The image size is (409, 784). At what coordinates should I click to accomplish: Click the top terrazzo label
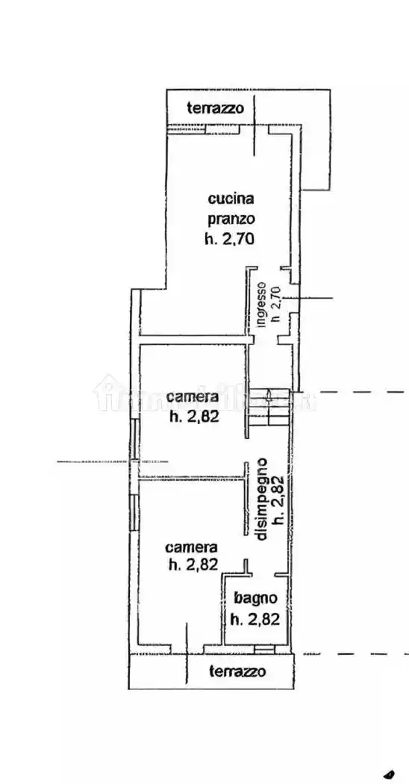click(215, 108)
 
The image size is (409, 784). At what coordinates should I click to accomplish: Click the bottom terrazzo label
click(237, 671)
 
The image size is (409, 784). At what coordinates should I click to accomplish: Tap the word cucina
click(231, 199)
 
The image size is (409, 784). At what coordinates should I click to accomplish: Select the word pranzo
click(231, 220)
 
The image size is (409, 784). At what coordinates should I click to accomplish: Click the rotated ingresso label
click(262, 305)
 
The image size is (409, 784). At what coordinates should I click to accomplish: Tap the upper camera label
click(193, 396)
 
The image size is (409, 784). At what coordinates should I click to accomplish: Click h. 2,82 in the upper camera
click(193, 417)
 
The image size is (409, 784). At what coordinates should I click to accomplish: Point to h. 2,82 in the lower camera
click(193, 565)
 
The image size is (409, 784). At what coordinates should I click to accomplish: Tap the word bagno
click(255, 598)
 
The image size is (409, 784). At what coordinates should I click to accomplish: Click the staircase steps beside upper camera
click(269, 407)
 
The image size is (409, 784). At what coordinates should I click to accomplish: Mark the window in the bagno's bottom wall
click(263, 647)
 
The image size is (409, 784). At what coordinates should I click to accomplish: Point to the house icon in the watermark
click(108, 392)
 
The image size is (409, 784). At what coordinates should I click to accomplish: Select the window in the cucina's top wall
click(185, 129)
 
